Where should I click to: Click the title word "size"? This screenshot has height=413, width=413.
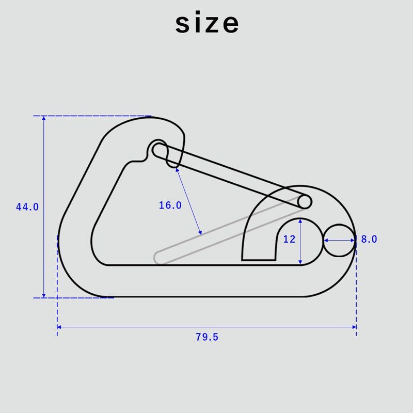(207, 22)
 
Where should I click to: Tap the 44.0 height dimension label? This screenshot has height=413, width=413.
(27, 207)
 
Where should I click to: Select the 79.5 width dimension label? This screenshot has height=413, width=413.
(207, 337)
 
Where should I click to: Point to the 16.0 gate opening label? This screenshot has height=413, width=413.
(170, 205)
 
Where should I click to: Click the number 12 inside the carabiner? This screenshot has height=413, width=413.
(289, 239)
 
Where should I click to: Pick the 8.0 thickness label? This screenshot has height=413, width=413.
(369, 239)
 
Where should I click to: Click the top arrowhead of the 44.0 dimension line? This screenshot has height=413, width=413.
(44, 118)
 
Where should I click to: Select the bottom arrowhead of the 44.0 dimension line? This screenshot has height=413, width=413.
(44, 295)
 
